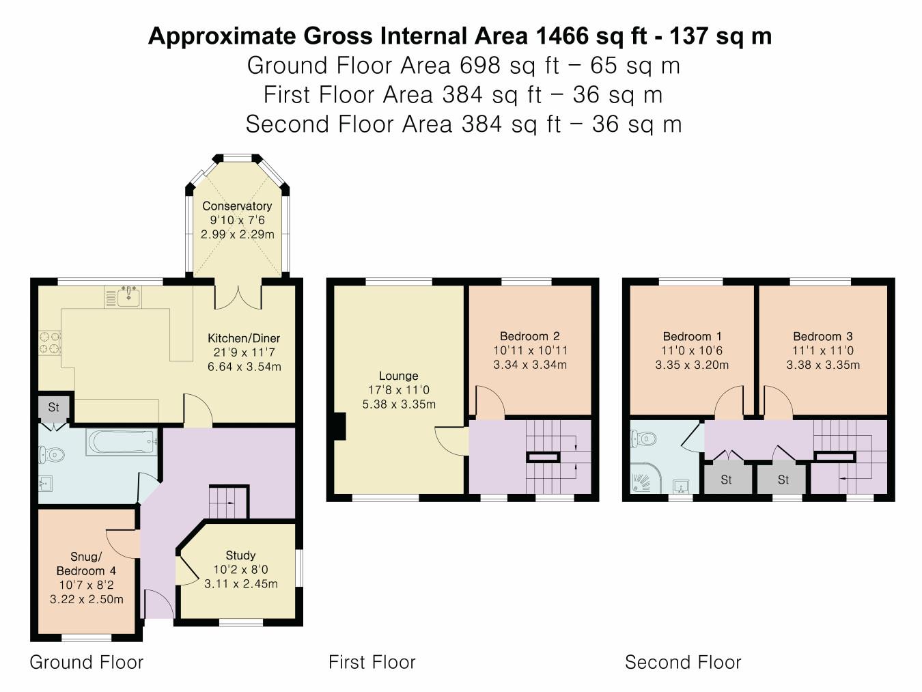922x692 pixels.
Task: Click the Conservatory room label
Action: pos(237,206)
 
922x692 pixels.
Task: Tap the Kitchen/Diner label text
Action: pos(244,338)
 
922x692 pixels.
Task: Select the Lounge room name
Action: pos(399,376)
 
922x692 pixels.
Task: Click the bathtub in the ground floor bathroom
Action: pos(122,441)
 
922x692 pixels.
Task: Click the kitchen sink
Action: pos(128,296)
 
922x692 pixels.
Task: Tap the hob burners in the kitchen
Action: pos(50,342)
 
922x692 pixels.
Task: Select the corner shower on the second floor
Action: pos(645,478)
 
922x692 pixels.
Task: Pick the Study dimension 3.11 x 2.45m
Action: pos(240,583)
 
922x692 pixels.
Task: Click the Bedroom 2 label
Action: pos(530,336)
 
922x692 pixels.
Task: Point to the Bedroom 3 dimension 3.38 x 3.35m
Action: pos(823,365)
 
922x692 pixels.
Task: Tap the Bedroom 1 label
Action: pos(692,336)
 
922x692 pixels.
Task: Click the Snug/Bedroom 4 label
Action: pos(86,564)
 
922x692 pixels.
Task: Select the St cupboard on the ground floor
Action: pos(54,407)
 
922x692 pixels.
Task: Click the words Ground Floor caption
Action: pos(87,662)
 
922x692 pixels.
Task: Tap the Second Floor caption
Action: pos(683,662)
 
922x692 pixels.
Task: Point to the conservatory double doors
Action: pos(238,297)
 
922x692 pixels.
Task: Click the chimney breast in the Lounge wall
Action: pos(340,426)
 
